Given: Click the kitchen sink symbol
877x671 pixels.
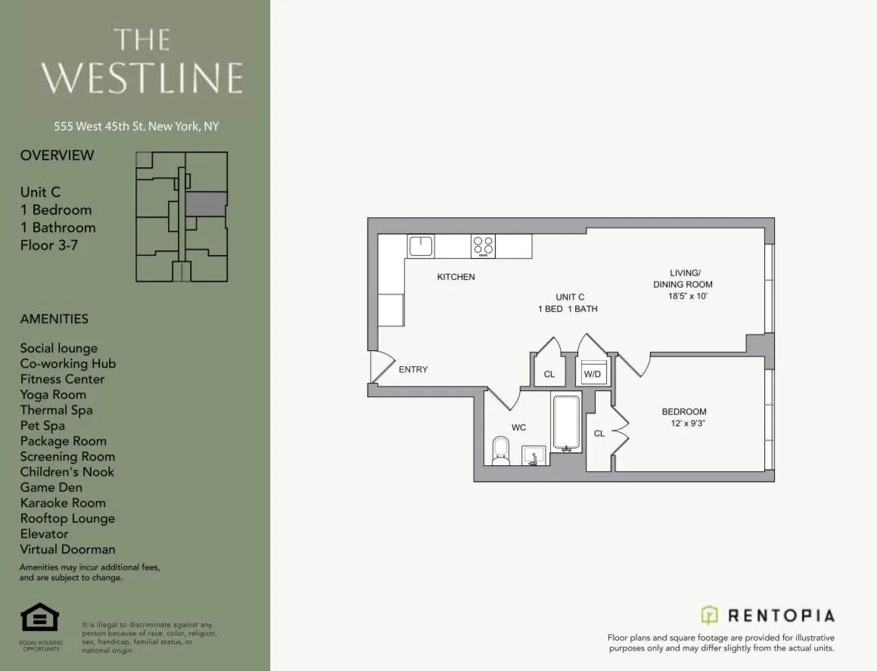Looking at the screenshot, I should (x=420, y=246).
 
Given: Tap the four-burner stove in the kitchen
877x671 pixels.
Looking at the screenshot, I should (x=483, y=246).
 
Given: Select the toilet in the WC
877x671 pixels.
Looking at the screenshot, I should (x=501, y=450).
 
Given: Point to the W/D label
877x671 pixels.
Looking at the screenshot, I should (x=592, y=374).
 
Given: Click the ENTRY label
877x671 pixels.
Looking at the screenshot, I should (x=413, y=369).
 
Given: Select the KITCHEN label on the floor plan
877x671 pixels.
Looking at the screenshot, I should (x=456, y=277).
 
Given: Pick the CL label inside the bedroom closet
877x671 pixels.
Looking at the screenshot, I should (x=599, y=433).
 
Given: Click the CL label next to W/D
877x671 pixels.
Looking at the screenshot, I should (x=549, y=374).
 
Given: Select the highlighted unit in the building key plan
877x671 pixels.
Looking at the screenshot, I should (x=206, y=203).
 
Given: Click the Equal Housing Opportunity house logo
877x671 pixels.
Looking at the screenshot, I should (x=39, y=617).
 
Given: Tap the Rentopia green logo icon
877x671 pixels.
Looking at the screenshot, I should (x=709, y=614).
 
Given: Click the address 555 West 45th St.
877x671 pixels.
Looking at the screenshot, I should (x=136, y=126).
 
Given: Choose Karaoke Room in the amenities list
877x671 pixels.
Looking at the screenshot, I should (x=63, y=502).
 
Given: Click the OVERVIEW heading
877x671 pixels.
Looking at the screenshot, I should (x=57, y=155).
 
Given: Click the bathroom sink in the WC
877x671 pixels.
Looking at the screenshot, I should (x=533, y=455).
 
